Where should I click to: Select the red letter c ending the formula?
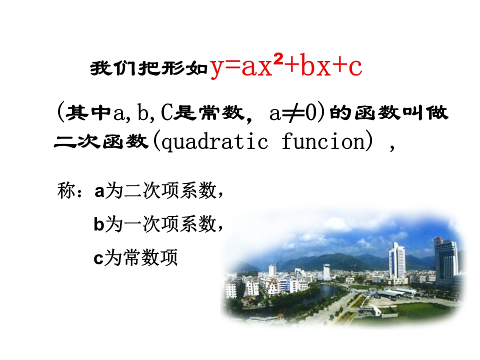pos(355,67)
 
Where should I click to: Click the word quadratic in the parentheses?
pos(214,141)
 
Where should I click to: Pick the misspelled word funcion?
pos(323,141)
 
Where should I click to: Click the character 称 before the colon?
pos(66,190)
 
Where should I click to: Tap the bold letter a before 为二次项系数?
pos(99,191)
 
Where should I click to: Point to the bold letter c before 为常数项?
pos(98,258)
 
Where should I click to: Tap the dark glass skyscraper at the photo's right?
pos(446,261)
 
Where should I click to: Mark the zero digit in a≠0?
pos(311,112)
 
